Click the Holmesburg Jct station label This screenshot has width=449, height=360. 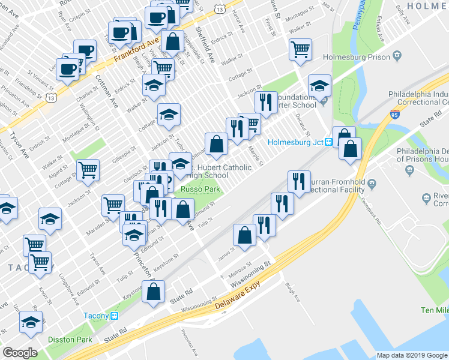tap(295, 142)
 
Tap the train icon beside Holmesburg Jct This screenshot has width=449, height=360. tap(329, 142)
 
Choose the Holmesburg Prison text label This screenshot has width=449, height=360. tap(355, 58)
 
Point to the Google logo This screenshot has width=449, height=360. tap(20, 352)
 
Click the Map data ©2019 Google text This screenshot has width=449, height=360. tap(412, 355)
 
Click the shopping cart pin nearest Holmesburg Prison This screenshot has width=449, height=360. tap(300, 49)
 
